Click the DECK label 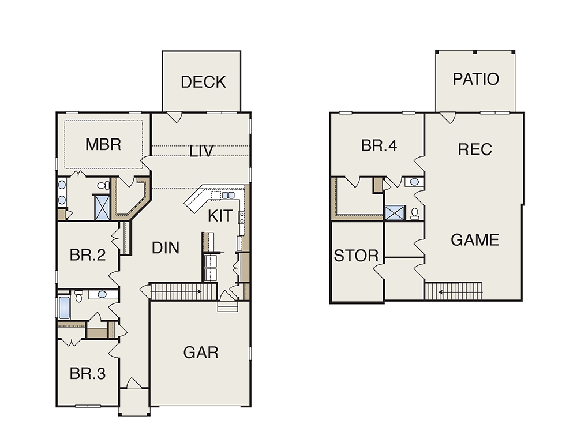click(x=203, y=82)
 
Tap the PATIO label click(x=475, y=79)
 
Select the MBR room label click(x=103, y=144)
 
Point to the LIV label click(x=201, y=151)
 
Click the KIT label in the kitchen click(x=220, y=216)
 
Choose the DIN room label click(x=166, y=248)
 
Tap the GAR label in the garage click(x=201, y=353)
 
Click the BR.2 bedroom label click(x=88, y=254)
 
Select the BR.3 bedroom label click(x=88, y=373)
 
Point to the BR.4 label click(x=379, y=146)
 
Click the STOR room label click(x=356, y=256)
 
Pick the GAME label click(x=475, y=240)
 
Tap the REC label click(x=475, y=149)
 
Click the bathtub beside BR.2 click(x=65, y=308)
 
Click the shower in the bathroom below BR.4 click(x=395, y=213)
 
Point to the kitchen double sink click(x=228, y=195)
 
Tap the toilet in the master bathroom click(x=103, y=185)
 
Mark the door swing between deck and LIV click(x=174, y=117)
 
